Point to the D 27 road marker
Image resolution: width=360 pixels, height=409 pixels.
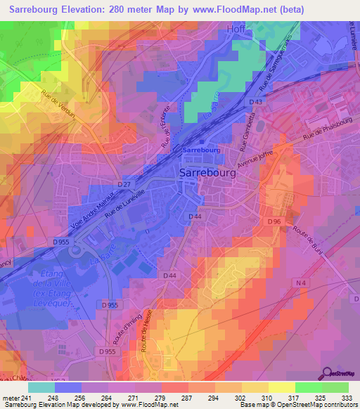124,184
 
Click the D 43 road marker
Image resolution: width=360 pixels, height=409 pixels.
257,103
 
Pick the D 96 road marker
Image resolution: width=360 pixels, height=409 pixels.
274,221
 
